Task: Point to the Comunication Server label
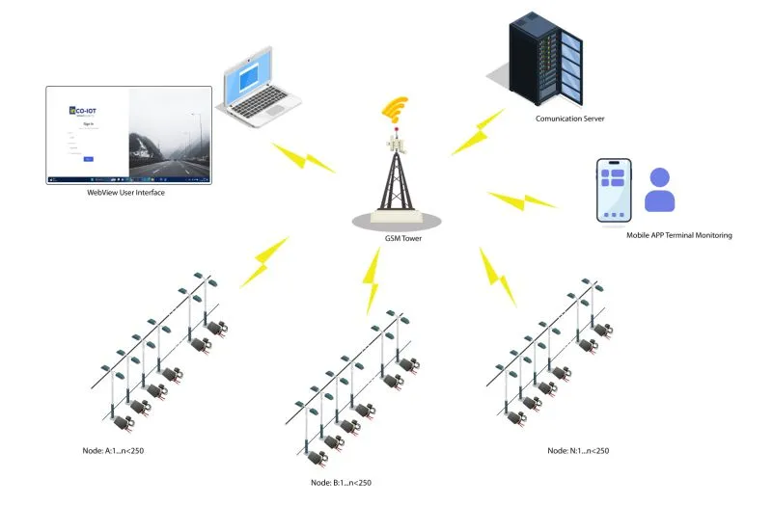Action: [x=569, y=119]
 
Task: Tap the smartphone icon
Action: [x=614, y=191]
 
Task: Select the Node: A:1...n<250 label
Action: [x=120, y=450]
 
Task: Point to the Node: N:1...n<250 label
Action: [x=578, y=450]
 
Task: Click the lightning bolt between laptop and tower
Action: [x=302, y=156]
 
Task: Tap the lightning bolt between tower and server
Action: [x=476, y=132]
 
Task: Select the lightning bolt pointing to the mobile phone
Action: [x=522, y=201]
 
